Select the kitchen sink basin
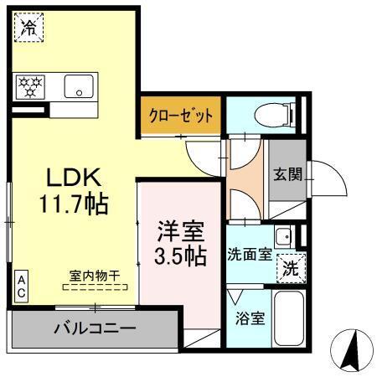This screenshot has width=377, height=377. tap(81, 85)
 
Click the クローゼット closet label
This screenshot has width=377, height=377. tap(181, 115)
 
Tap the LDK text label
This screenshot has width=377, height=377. tap(73, 177)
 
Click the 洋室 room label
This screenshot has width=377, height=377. tap(180, 229)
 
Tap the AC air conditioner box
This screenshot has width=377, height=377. tap(21, 287)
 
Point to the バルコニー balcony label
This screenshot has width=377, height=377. tap(94, 327)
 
